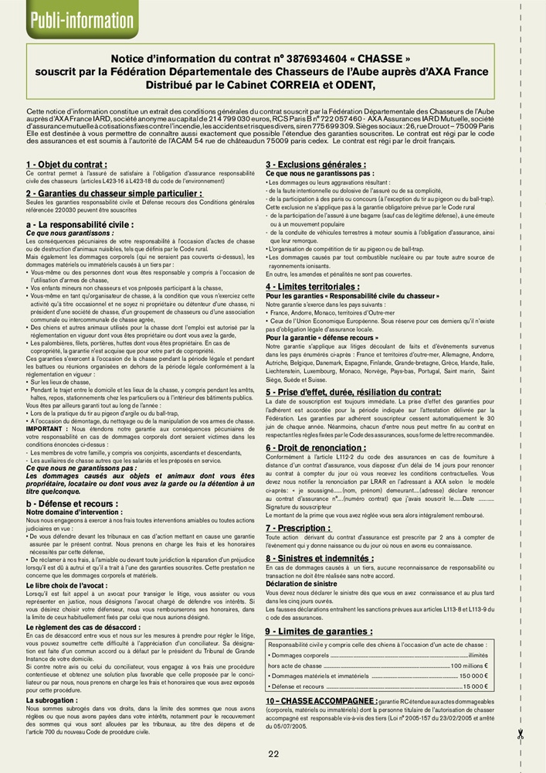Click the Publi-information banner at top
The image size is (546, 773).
pos(70,19)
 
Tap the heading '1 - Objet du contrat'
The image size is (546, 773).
pos(66,165)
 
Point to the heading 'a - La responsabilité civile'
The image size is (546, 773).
pos(80,223)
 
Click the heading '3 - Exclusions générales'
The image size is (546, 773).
pos(316,165)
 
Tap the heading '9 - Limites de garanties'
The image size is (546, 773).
pos(319,632)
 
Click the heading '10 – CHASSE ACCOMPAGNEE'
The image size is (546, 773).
pos(320,700)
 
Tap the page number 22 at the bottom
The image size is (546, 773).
pos(273,754)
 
